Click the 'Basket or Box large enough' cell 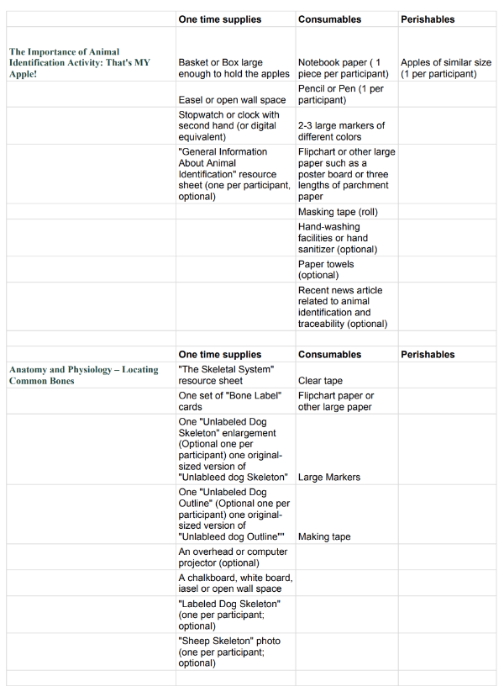(234, 68)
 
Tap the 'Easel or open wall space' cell (232, 100)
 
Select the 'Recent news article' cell (340, 307)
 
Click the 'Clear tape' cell (321, 381)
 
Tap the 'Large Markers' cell (329, 477)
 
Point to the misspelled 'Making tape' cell (324, 536)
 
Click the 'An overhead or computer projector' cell (233, 557)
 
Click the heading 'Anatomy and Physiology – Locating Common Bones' (83, 375)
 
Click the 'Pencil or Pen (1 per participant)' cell (340, 94)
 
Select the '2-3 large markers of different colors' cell (341, 131)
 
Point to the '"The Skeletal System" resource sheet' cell (227, 375)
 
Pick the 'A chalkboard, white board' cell (235, 583)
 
